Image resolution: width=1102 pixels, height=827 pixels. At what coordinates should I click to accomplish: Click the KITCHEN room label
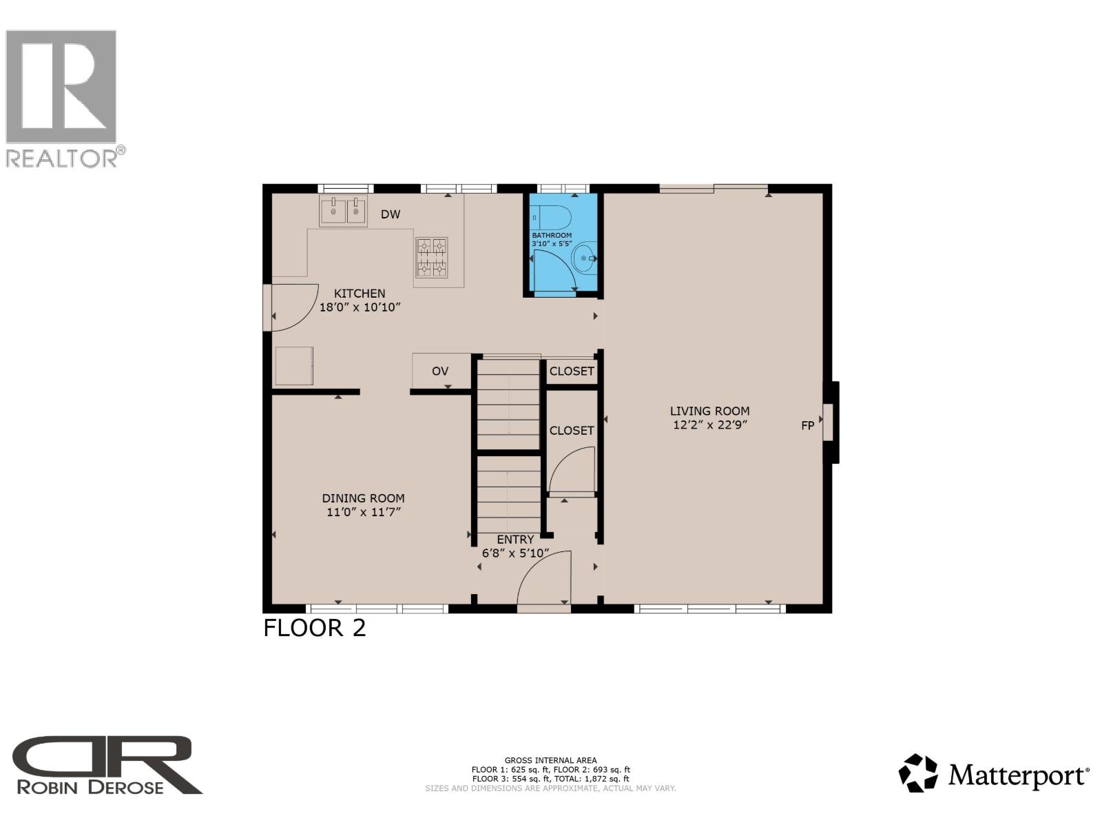coord(360,294)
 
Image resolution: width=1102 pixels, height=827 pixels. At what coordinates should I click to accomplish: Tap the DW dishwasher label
coord(391,214)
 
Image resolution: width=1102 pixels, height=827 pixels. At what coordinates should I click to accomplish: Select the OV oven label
coord(440,371)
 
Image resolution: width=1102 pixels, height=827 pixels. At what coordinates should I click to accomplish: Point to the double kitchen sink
coord(343,211)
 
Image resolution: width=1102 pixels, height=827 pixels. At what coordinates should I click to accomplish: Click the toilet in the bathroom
coord(555,218)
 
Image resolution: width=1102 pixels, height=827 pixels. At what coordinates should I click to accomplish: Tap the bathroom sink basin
coord(585,258)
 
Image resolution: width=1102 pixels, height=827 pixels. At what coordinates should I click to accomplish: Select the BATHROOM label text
coord(552,236)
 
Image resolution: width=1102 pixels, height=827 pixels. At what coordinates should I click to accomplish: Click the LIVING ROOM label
coord(709,411)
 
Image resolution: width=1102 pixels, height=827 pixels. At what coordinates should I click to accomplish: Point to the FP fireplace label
coord(807,426)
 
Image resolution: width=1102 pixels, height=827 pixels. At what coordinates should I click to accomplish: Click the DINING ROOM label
coord(363,498)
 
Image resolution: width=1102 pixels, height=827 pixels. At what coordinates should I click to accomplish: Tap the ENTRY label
coord(515,540)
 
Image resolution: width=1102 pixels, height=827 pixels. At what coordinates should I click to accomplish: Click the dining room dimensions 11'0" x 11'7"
coord(363,512)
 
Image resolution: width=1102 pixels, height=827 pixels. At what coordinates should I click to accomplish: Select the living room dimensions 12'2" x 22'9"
coord(709,425)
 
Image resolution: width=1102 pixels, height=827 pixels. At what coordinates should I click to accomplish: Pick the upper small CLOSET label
coord(572,371)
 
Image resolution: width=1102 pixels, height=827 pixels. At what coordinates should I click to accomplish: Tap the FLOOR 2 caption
coord(315,629)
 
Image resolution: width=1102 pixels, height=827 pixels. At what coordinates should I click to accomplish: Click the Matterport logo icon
coord(918,773)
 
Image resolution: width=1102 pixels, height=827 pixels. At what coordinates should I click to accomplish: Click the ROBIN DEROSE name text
coord(90,787)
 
